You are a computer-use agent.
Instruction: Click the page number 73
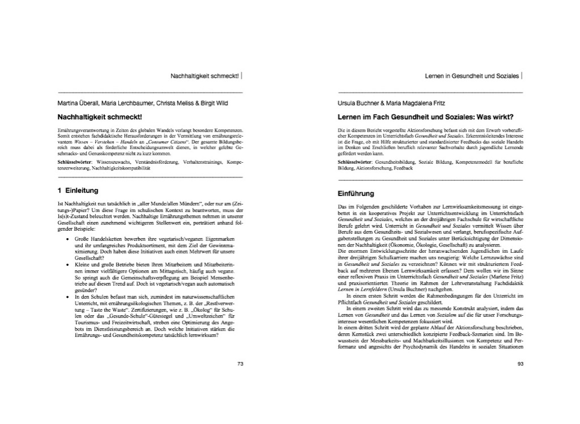[x=240, y=363]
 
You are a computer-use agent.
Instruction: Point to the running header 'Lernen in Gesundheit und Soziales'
[x=472, y=75]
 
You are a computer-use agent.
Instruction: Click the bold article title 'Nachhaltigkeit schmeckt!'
[x=93, y=117]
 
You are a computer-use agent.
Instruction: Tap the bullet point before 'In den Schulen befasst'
[x=69, y=297]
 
